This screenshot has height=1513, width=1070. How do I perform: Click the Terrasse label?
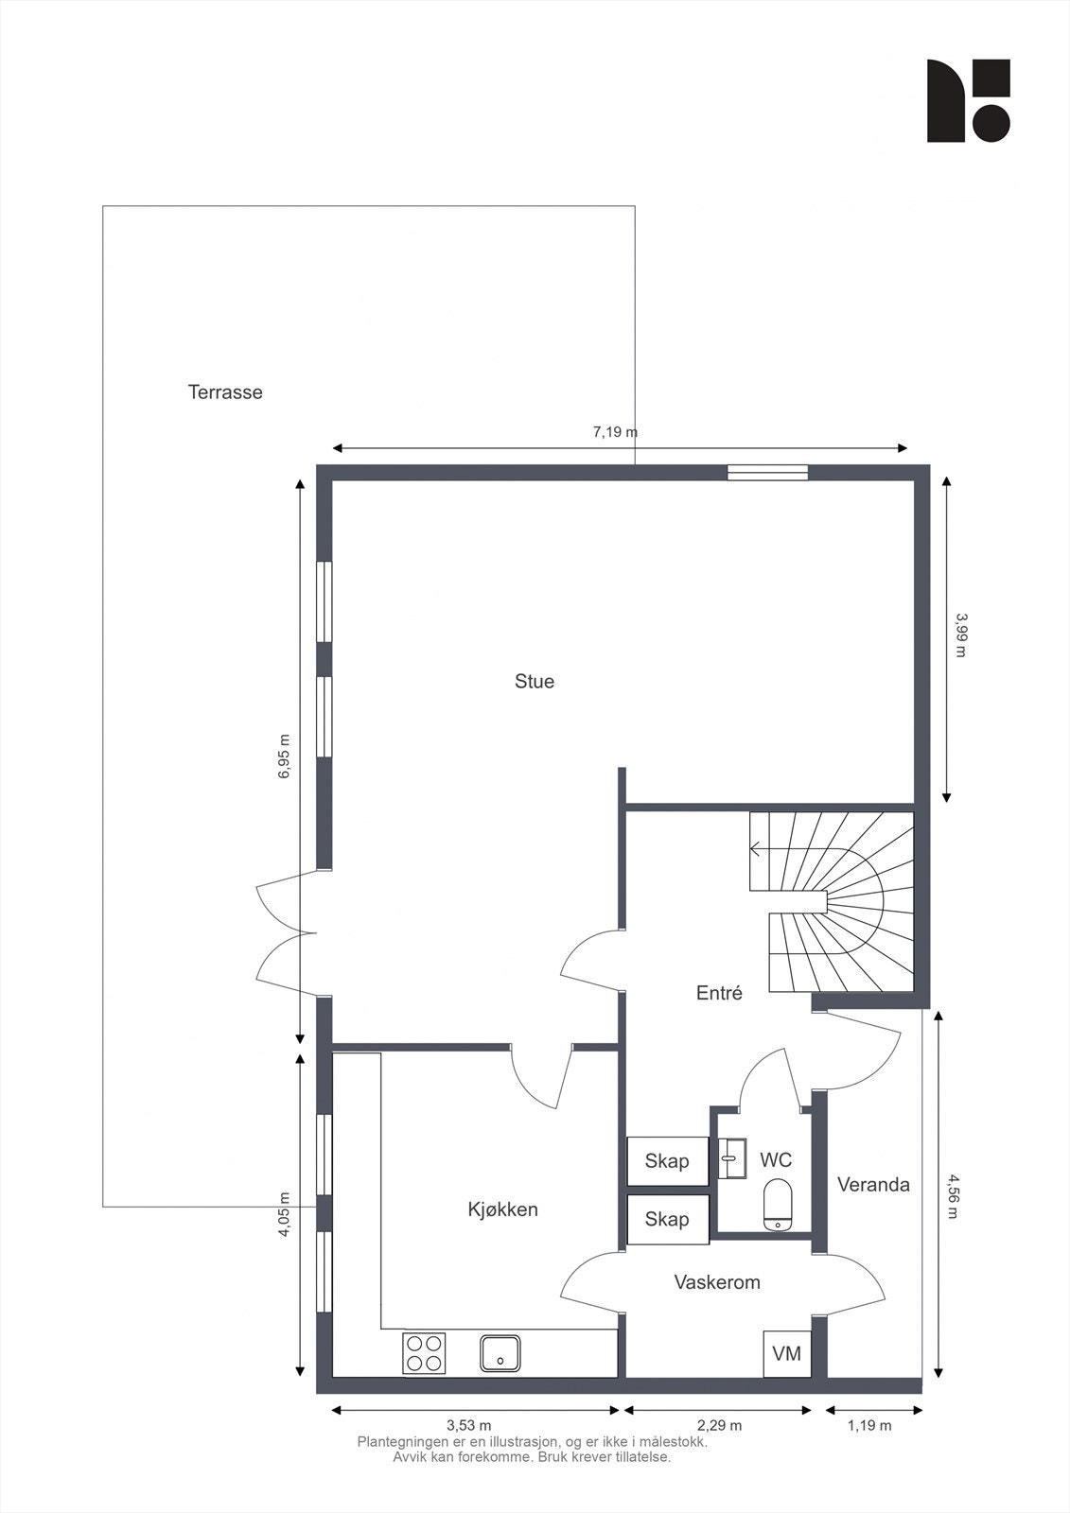(x=225, y=391)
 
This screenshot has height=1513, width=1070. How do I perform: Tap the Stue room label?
(x=535, y=681)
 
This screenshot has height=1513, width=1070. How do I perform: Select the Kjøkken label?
(x=502, y=1209)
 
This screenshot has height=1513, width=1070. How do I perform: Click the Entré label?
(x=719, y=993)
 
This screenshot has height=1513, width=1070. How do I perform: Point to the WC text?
(x=776, y=1159)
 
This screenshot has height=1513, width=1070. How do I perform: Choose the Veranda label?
(x=873, y=1185)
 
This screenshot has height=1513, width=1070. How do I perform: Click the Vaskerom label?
(x=717, y=1282)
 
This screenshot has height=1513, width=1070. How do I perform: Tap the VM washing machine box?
(x=786, y=1353)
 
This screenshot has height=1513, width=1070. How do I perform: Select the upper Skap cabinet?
(x=667, y=1161)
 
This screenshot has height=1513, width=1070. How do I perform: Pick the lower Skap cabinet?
(x=667, y=1220)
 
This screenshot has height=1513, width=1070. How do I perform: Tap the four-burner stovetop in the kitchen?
(x=425, y=1352)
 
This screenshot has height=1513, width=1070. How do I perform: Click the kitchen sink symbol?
(x=500, y=1352)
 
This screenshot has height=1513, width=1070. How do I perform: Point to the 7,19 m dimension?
(x=615, y=432)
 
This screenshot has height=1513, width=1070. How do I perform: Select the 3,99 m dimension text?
(x=961, y=635)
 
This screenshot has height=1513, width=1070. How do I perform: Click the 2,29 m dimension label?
(x=719, y=1425)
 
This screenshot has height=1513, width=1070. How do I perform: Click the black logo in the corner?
(x=968, y=101)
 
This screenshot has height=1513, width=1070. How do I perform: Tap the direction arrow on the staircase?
(x=757, y=848)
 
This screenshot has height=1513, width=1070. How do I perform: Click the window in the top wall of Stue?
(x=767, y=473)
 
